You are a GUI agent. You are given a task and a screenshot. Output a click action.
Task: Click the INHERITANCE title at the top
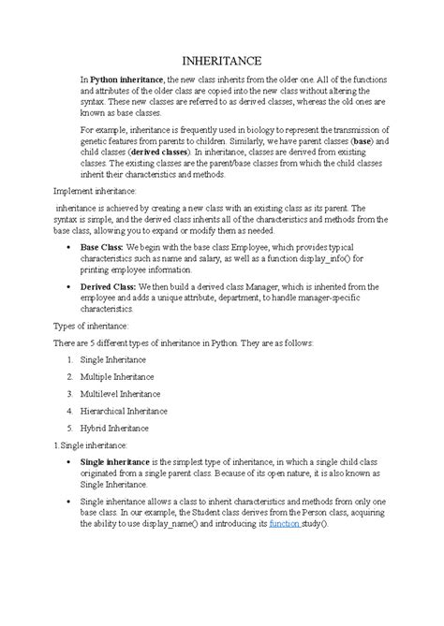coord(221,59)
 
